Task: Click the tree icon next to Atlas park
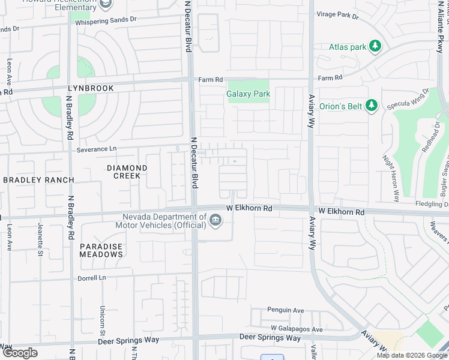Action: click(375, 47)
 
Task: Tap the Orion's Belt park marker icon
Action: click(371, 106)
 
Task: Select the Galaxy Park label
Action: click(248, 94)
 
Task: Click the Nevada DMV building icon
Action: click(215, 222)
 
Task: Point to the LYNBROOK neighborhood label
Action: click(90, 88)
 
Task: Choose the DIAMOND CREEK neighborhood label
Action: click(127, 172)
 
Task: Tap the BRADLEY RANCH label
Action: click(38, 180)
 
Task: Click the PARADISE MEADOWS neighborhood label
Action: click(101, 250)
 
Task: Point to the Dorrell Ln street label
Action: click(91, 278)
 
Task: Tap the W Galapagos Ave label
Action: click(297, 329)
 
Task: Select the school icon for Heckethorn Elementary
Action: click(106, 5)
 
